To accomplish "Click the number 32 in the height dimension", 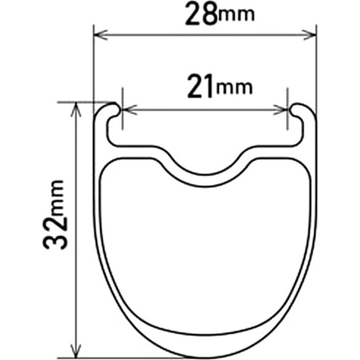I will (55, 231).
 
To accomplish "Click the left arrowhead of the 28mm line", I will (99, 33).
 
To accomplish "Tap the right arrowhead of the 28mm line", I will (312, 33).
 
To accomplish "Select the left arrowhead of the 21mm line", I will (127, 110).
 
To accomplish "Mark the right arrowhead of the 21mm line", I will (284, 110).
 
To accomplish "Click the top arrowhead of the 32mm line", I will (76, 107).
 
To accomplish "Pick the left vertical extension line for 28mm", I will (94, 65).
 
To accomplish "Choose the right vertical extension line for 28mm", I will (317, 65).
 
